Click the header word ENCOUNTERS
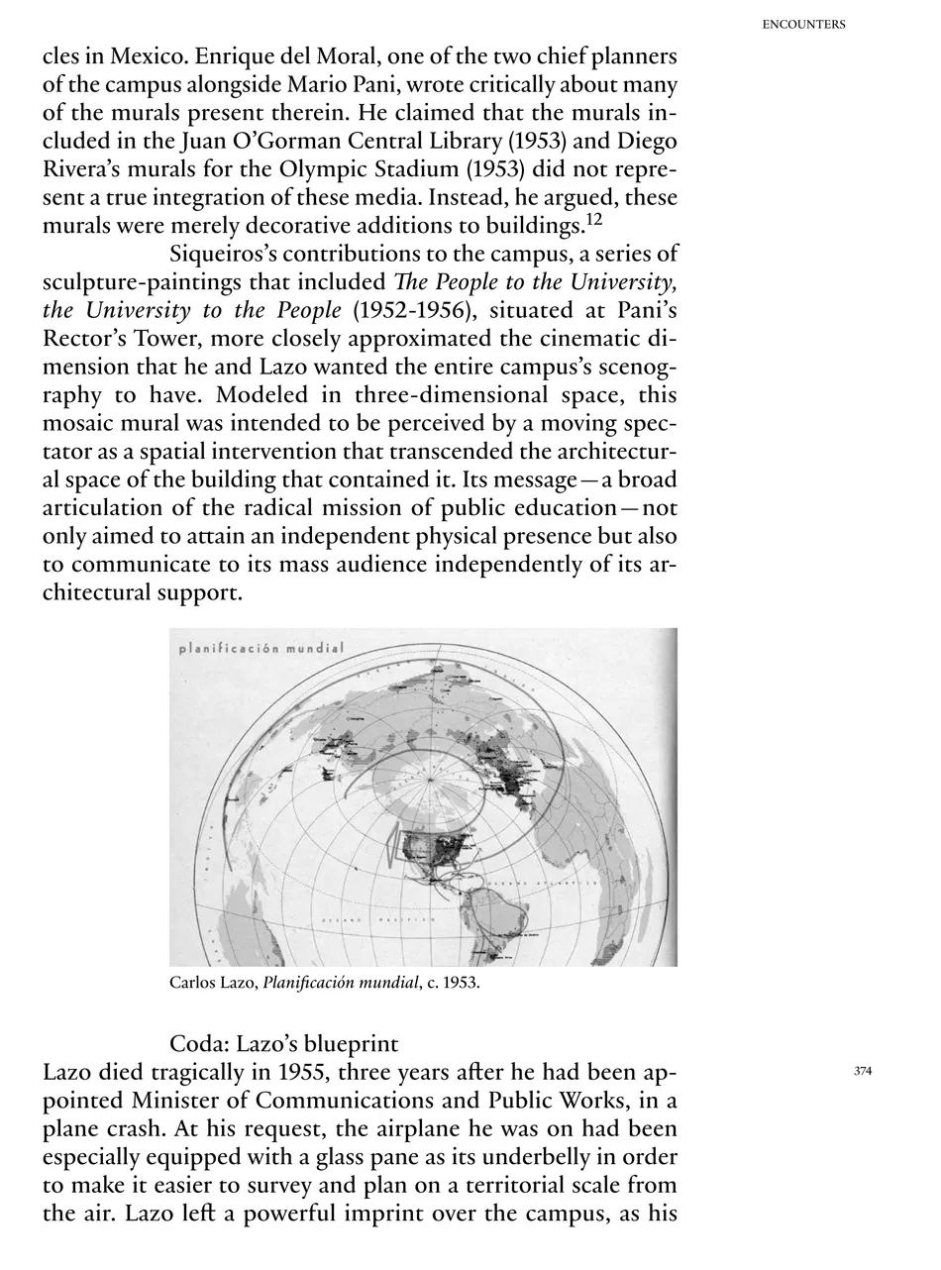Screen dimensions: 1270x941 (x=803, y=25)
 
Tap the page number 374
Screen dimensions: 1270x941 (x=862, y=1071)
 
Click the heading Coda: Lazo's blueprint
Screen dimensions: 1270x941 (x=284, y=1044)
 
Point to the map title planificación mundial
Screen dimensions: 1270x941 (x=261, y=650)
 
